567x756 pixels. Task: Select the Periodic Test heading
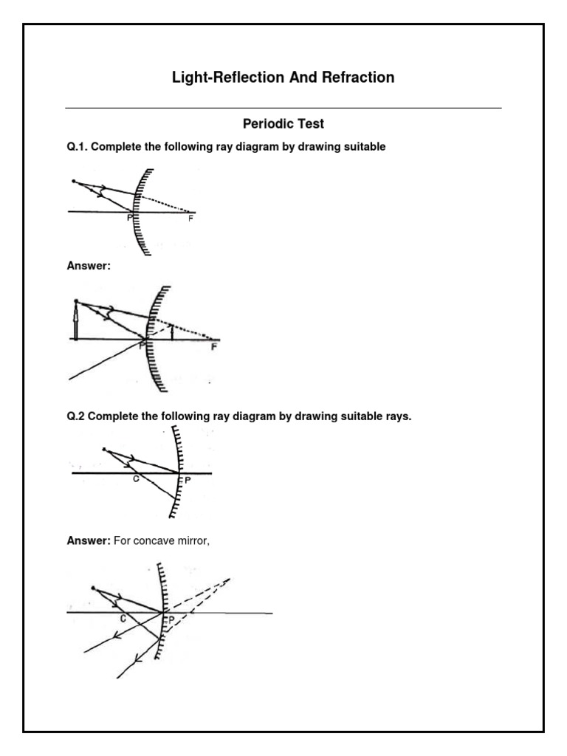(283, 124)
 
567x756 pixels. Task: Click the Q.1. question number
(78, 147)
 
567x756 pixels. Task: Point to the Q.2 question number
(76, 416)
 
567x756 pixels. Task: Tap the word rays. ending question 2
(396, 416)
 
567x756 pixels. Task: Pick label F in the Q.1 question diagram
(190, 219)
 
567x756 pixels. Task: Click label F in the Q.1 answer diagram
(214, 346)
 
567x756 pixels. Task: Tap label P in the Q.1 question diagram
(130, 218)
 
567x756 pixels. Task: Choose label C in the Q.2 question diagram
(135, 479)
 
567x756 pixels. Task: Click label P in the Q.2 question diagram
(187, 478)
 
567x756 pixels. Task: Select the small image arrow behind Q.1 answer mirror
(172, 332)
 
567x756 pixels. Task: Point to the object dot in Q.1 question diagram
(72, 181)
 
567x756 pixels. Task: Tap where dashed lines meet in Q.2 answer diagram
(230, 579)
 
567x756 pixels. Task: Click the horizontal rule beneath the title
(283, 108)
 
